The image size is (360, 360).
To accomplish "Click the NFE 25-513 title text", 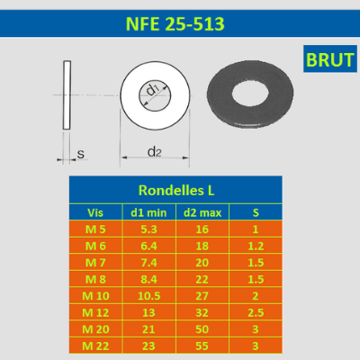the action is [x=175, y=24].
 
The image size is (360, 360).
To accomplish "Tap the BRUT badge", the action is [x=330, y=58].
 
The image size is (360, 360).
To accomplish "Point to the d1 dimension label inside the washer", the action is [x=153, y=89].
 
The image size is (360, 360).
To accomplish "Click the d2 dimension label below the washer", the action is [x=155, y=152].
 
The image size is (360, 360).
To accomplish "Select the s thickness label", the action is [x=81, y=154].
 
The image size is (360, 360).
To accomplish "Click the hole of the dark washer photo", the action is [x=250, y=94].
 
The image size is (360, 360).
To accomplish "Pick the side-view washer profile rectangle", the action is [x=67, y=95].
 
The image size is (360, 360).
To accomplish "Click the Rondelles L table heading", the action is [x=176, y=191].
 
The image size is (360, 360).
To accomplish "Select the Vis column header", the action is [x=95, y=212].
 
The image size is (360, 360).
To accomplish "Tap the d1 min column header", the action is [x=148, y=212].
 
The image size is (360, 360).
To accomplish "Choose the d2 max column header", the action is [x=202, y=212].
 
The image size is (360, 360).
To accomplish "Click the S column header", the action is [x=256, y=212].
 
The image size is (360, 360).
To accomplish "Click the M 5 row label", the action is [x=95, y=229].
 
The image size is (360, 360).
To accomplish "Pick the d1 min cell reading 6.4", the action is [x=148, y=246].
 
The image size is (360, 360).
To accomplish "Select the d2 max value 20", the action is [x=202, y=263].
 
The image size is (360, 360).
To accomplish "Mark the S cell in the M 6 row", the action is [x=256, y=246].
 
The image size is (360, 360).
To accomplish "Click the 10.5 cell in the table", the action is [x=148, y=296].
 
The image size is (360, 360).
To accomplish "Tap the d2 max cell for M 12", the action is [x=202, y=313].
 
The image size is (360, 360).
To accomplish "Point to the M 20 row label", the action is [x=95, y=329].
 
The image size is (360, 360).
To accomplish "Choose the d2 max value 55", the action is [x=202, y=346].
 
